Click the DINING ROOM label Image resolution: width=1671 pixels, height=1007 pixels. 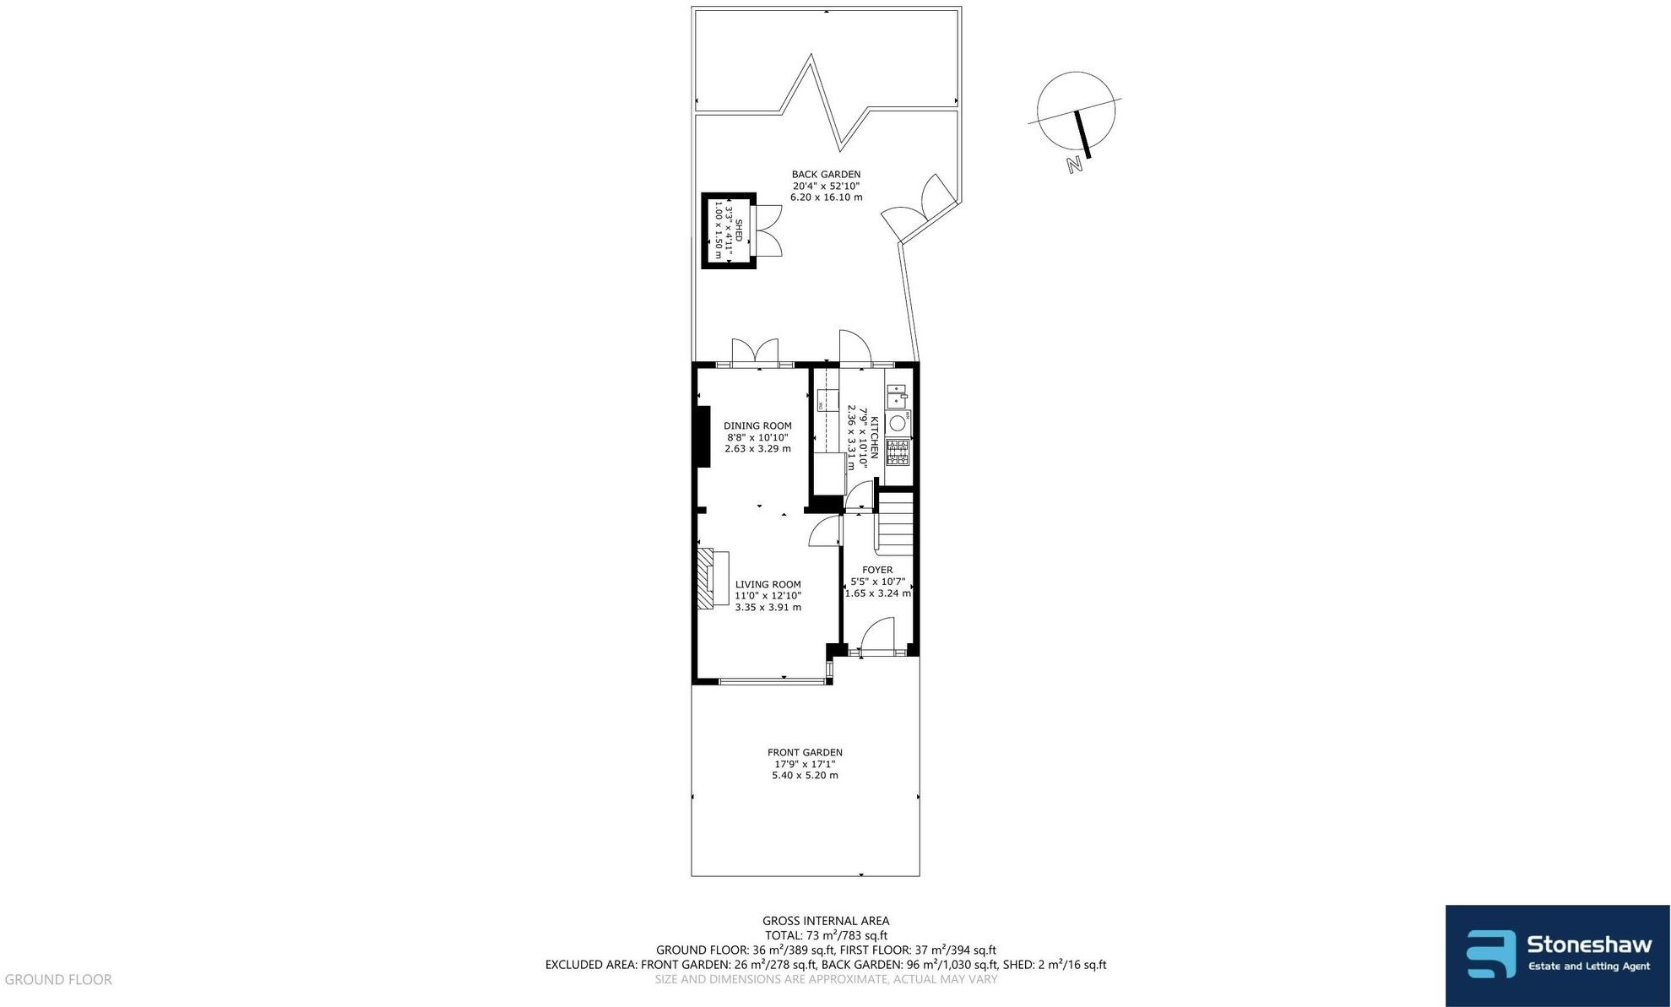757,426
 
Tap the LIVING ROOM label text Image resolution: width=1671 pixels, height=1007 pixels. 768,584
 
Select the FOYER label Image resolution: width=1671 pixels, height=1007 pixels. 877,570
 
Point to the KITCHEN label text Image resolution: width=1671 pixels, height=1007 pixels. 875,437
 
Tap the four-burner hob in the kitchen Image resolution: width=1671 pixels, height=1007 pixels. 898,452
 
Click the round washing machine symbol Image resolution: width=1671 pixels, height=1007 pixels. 898,422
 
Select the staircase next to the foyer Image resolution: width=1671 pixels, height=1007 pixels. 897,523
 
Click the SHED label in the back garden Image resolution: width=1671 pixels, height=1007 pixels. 738,230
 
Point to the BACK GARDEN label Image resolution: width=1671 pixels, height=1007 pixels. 826,175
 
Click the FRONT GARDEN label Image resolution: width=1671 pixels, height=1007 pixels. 805,752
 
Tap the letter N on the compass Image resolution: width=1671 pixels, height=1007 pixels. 1074,165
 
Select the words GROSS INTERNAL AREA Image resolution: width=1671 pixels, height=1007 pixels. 825,921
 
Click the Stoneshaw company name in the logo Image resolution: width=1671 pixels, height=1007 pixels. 1588,944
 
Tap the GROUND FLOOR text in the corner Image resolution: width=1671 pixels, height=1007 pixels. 58,979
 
